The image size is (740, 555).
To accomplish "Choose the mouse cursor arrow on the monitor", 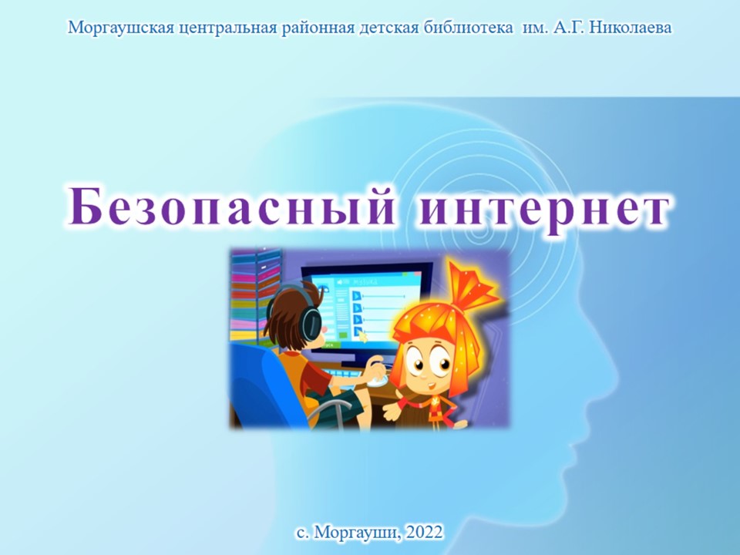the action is click(x=363, y=337).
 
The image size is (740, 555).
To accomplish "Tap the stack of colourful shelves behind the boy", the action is click(x=255, y=295).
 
